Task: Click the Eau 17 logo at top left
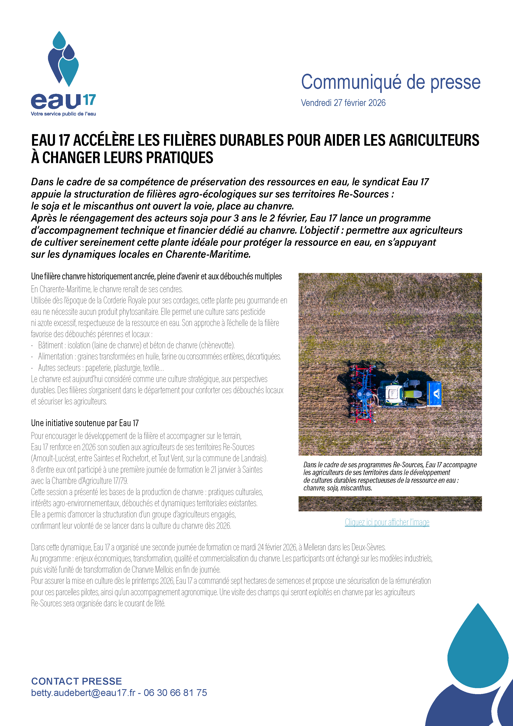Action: tap(63, 73)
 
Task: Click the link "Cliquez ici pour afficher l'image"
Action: tap(387, 522)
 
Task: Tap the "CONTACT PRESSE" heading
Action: tap(77, 681)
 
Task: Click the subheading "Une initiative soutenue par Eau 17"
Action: tap(85, 423)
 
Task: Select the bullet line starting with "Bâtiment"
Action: tap(136, 345)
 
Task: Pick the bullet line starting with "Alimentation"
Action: tap(159, 357)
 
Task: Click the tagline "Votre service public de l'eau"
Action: tap(63, 114)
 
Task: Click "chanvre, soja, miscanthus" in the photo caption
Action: tap(337, 488)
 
